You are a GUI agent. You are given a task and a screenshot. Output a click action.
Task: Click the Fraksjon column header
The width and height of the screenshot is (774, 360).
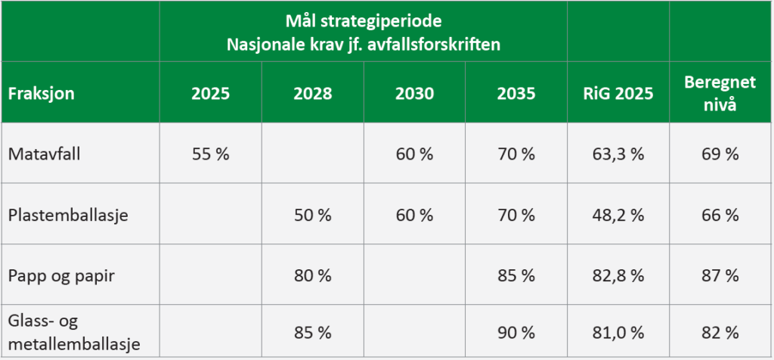coord(41,93)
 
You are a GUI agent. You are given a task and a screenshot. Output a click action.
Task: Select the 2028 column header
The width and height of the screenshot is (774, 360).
coord(312,93)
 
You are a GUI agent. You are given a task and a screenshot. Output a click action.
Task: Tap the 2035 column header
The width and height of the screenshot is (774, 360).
coord(515,93)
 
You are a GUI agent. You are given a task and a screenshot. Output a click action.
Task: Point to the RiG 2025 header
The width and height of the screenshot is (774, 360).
coord(618,93)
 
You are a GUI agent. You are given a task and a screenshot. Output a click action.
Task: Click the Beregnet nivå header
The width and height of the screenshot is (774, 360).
coord(720,93)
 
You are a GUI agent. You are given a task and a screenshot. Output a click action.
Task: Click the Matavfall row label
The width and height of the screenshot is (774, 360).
coord(45,154)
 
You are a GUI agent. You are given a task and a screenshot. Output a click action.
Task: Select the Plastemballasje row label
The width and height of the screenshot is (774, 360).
coord(68,216)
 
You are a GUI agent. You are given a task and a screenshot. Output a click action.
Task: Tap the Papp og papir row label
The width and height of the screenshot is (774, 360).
coord(62,276)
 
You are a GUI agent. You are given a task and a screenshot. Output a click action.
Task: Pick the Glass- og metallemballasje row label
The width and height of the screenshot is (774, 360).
coord(74,333)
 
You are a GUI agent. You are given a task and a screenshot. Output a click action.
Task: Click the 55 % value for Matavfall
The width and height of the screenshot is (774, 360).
coord(211,154)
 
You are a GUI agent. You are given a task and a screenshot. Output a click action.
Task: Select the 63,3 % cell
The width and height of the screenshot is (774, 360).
coord(618,154)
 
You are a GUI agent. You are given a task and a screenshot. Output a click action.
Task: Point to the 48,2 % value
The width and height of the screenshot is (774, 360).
coord(618,216)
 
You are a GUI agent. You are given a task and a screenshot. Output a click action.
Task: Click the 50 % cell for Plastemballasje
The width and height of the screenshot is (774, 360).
coord(312,216)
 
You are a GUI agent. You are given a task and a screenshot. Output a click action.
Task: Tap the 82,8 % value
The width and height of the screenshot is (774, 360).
coord(618,276)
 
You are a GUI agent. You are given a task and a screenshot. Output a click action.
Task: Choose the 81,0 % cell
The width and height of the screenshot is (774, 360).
coord(618,334)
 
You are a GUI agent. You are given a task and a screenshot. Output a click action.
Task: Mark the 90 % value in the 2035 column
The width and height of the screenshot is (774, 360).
coord(515,334)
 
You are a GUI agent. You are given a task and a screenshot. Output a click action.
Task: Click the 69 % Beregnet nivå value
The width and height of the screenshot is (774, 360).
coord(720,154)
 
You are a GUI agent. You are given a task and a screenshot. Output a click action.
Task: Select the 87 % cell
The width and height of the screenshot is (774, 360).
coord(720,276)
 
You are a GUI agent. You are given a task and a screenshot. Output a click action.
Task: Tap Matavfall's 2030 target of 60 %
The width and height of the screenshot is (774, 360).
coord(414,154)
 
